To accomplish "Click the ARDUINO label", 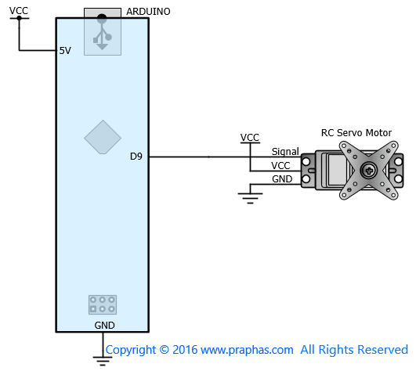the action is click(148, 12).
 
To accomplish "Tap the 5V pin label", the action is click(65, 51).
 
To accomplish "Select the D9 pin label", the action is click(136, 157).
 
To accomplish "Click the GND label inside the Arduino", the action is click(104, 325).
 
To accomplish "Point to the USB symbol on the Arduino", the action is click(103, 32).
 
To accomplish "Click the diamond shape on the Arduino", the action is click(103, 137).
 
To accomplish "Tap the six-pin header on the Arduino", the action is click(103, 304).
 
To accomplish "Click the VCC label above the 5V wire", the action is click(19, 11).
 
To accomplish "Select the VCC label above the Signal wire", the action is click(250, 138).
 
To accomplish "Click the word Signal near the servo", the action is click(285, 152).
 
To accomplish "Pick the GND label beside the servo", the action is click(282, 179).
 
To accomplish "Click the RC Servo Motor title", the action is click(356, 133).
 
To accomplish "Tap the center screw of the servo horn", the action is click(369, 171).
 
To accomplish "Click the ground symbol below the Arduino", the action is click(103, 361).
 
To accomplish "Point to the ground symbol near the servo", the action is click(250, 198).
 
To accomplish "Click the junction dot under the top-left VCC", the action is click(19, 18).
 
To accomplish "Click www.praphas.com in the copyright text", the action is click(247, 351).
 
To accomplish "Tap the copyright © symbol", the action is click(165, 350).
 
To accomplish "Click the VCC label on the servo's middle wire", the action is click(280, 166).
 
